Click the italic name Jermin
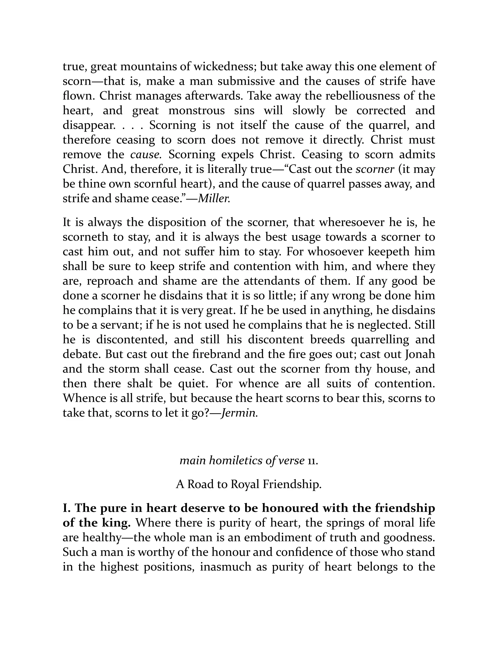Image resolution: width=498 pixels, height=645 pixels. tap(239, 413)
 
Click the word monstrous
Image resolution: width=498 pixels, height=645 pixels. tap(196, 111)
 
